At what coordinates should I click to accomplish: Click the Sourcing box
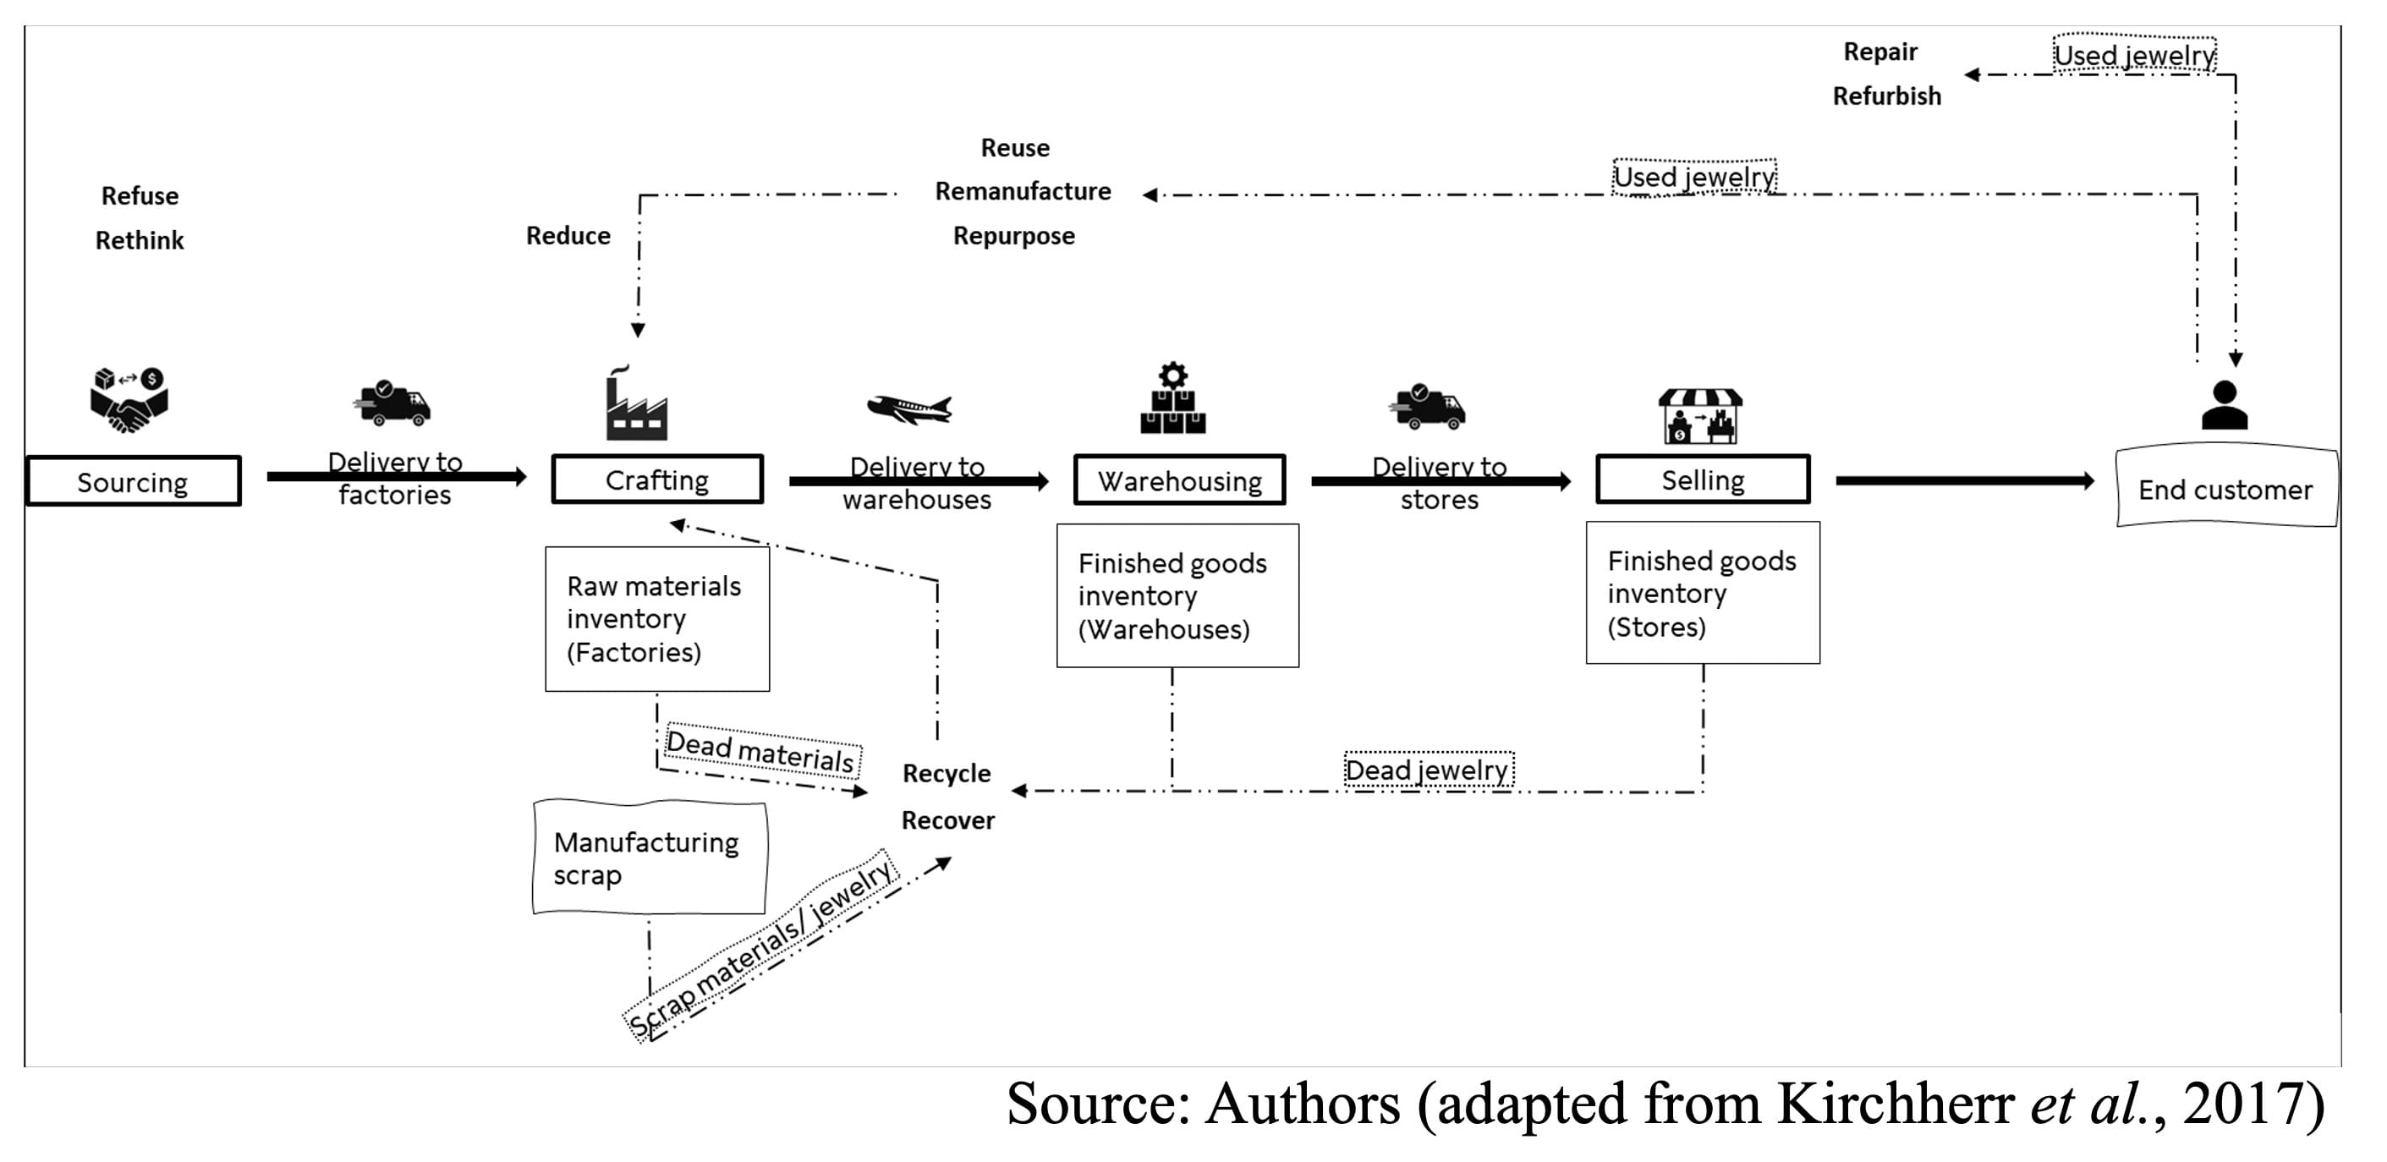(x=134, y=481)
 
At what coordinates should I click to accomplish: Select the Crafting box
(x=657, y=479)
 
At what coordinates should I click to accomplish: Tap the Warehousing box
(x=1178, y=480)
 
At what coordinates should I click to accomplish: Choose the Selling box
(x=1702, y=479)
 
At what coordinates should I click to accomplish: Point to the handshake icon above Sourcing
(x=129, y=400)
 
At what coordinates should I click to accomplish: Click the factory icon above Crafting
(x=636, y=404)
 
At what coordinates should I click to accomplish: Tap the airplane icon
(x=910, y=408)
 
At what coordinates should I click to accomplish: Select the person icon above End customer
(x=2224, y=405)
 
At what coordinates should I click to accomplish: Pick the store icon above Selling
(x=1699, y=415)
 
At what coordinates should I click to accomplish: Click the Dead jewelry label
(x=1427, y=770)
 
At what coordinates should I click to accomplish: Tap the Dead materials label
(x=760, y=752)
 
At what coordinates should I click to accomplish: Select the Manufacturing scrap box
(x=649, y=858)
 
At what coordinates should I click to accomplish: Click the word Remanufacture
(x=1022, y=191)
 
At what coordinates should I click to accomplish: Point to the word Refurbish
(x=1885, y=96)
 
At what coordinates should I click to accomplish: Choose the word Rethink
(x=139, y=240)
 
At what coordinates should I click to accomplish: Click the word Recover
(x=947, y=820)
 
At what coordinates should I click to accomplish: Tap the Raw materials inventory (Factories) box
(x=657, y=618)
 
